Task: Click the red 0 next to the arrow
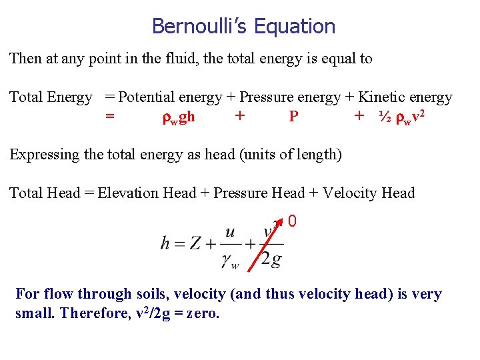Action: [x=292, y=220]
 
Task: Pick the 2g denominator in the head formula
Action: [x=271, y=260]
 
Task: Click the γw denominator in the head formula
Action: [x=230, y=261]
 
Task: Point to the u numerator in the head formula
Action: [x=230, y=232]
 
